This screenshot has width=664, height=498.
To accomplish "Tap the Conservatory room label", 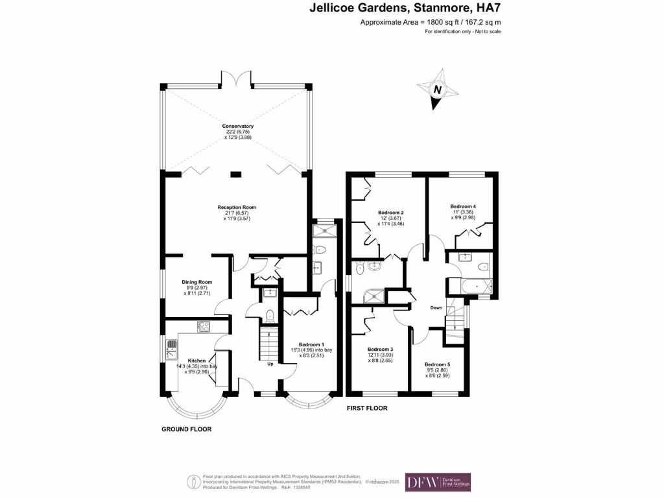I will [237, 126].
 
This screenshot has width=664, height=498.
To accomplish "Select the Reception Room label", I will [237, 207].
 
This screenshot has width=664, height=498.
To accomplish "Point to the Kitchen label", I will [196, 361].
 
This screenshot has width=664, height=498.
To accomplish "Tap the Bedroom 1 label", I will [311, 344].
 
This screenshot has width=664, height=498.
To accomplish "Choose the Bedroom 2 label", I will [391, 213].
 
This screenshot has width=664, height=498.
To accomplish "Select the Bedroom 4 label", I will [464, 207].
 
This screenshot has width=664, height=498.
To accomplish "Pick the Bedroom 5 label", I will [438, 364].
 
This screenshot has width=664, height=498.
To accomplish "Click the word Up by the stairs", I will [270, 363].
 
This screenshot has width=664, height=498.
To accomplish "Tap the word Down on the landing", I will [436, 308].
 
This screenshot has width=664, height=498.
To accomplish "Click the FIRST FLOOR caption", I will [368, 409].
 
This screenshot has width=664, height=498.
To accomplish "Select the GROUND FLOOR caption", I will [186, 429].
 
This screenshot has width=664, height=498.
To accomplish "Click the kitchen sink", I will [172, 351].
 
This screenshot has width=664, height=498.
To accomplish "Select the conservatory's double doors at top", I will [237, 79].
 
